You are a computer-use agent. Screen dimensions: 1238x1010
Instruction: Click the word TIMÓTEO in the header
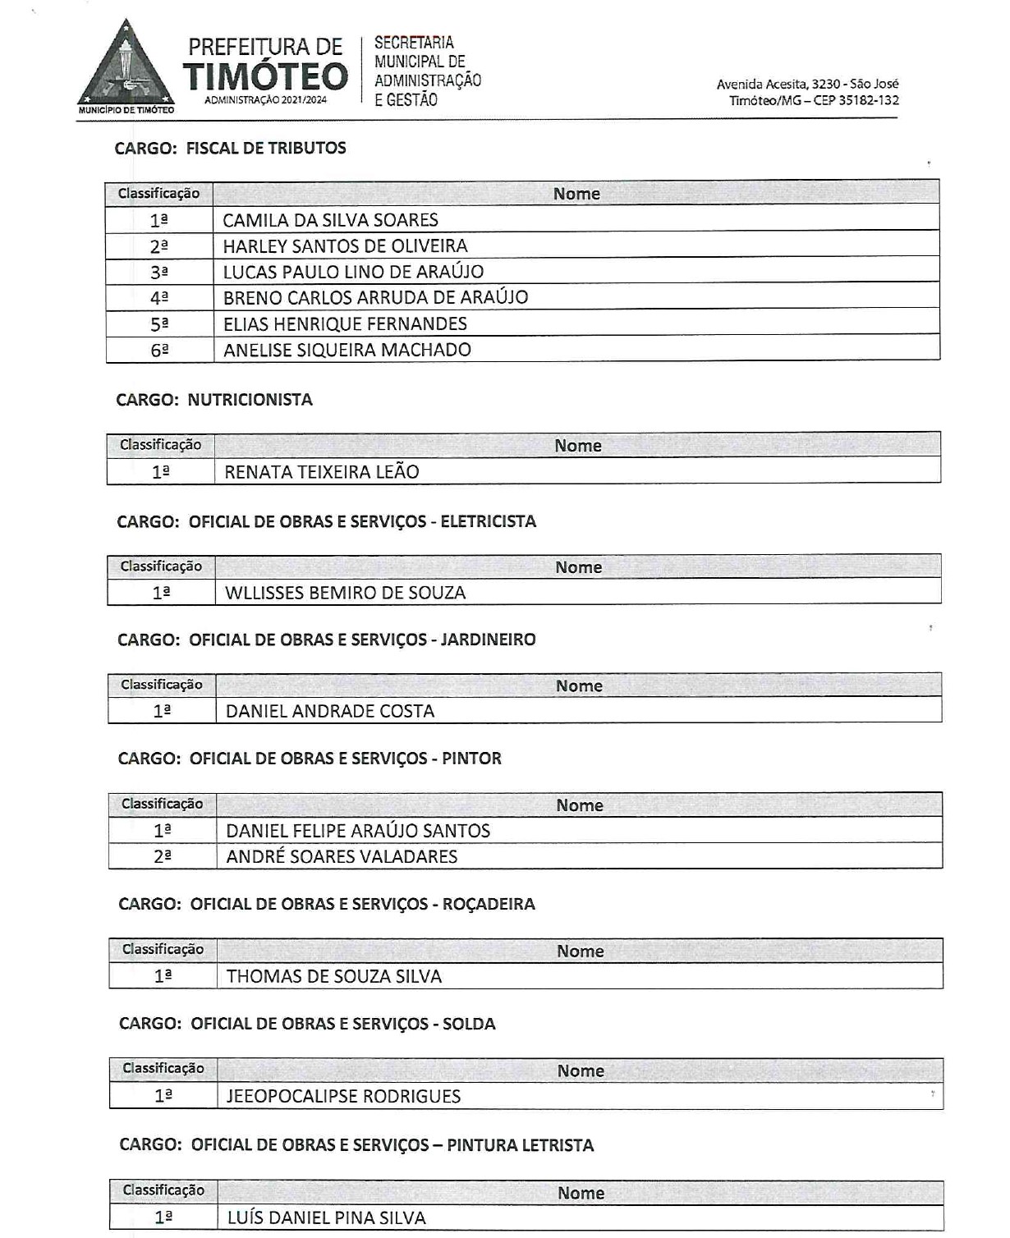coord(266,76)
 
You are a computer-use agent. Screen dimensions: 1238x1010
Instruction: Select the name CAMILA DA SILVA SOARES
coord(330,220)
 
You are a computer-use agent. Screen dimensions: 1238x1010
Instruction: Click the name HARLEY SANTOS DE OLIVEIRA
coord(345,246)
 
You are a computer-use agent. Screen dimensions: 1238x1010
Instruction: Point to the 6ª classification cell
coord(159,351)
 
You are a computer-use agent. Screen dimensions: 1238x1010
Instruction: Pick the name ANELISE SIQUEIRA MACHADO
coord(347,351)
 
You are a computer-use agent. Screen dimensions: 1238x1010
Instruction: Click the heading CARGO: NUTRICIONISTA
coord(214,400)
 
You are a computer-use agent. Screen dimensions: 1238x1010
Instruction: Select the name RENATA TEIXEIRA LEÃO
coord(322,472)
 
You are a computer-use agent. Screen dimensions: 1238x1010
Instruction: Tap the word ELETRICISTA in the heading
coord(489,521)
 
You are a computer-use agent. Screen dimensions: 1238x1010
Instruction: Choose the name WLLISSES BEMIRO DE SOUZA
coord(345,593)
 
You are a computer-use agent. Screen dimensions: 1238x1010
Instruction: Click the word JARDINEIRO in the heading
coord(489,640)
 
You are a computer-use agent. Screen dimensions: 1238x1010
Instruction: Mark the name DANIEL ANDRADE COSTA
coord(330,711)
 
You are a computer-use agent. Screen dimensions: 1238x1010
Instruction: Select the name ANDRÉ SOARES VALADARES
coord(342,856)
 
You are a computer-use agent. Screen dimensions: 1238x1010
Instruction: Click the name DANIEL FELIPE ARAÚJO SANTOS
coord(358,831)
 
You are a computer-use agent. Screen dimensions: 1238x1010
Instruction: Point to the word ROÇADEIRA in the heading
coord(489,904)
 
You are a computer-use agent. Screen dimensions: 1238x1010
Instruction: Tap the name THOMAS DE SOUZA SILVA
coord(334,976)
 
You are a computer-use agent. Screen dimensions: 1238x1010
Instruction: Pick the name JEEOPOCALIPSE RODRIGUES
coord(343,1096)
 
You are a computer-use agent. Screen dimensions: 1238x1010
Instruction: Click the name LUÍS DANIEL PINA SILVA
coord(327,1217)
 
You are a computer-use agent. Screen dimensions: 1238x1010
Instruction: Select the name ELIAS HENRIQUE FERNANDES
coord(345,324)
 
